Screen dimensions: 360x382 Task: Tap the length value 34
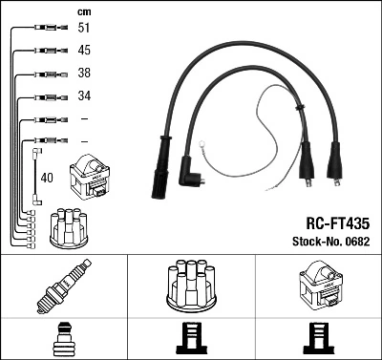[84, 96]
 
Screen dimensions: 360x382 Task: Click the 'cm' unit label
[84, 11]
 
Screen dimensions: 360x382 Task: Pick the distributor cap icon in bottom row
[191, 285]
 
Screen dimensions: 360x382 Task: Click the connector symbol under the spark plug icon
[64, 338]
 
